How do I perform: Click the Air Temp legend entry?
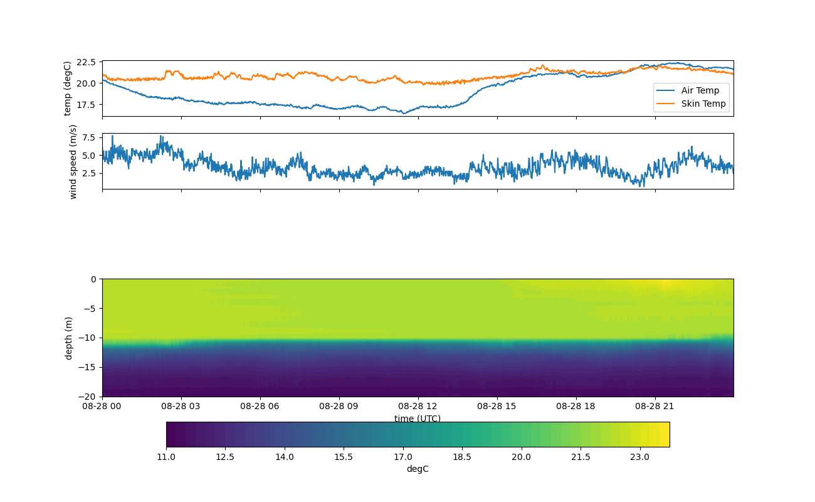pyautogui.click(x=700, y=90)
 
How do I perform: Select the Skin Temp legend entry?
pyautogui.click(x=703, y=104)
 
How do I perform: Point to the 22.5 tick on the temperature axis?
pyautogui.click(x=85, y=62)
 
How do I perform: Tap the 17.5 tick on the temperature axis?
pyautogui.click(x=85, y=104)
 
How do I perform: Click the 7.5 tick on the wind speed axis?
pyautogui.click(x=90, y=137)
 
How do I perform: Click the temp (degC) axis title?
pyautogui.click(x=68, y=88)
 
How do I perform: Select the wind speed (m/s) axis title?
pyautogui.click(x=73, y=161)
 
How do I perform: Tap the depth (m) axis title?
pyautogui.click(x=68, y=338)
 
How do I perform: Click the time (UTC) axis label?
pyautogui.click(x=418, y=419)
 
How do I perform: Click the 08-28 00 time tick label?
pyautogui.click(x=102, y=406)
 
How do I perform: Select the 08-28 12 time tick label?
pyautogui.click(x=418, y=406)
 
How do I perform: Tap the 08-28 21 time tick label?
pyautogui.click(x=655, y=406)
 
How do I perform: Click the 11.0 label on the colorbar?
pyautogui.click(x=166, y=456)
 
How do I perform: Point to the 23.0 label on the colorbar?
pyautogui.click(x=639, y=456)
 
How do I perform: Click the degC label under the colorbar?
pyautogui.click(x=418, y=469)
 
